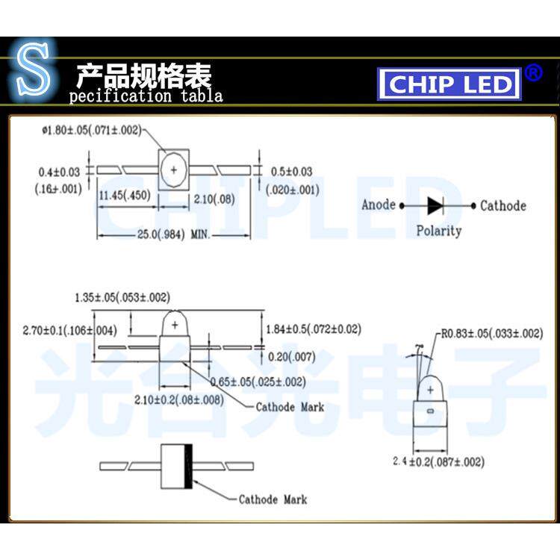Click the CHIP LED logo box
pyautogui.click(x=449, y=84)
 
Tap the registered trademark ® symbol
pyautogui.click(x=533, y=72)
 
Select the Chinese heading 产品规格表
pyautogui.click(x=143, y=75)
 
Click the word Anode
pyautogui.click(x=379, y=205)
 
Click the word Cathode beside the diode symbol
pyautogui.click(x=503, y=205)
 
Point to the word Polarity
pyautogui.click(x=438, y=231)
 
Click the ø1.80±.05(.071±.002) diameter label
pyautogui.click(x=91, y=131)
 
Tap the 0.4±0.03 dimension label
pyautogui.click(x=58, y=171)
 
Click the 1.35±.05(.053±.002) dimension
pyautogui.click(x=122, y=297)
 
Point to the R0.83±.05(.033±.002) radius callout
pyautogui.click(x=491, y=333)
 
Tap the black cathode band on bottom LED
pyautogui.click(x=189, y=465)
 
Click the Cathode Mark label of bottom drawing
pyautogui.click(x=273, y=500)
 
